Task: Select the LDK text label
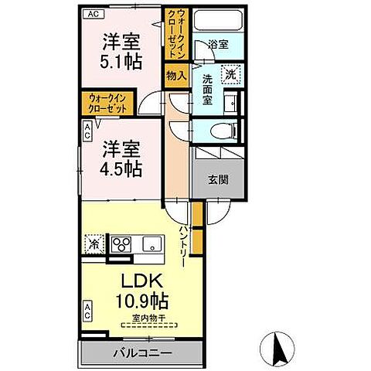pos(144,279)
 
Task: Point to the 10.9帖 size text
pos(144,298)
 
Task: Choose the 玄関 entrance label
pos(217,180)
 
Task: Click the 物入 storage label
pos(175,75)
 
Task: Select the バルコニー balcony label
pos(143,353)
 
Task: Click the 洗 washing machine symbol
pos(230,75)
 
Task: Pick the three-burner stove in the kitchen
pos(122,243)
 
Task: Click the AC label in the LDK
pos(87,312)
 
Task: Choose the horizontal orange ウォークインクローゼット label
pos(106,104)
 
